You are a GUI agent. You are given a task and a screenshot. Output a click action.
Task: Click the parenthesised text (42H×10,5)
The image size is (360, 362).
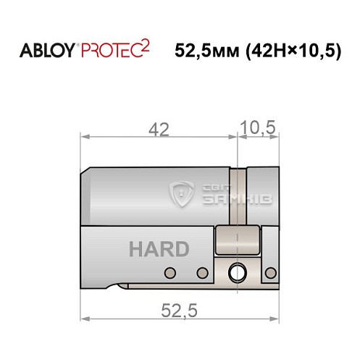point(294,51)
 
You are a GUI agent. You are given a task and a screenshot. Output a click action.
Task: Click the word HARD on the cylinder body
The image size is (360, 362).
point(159,249)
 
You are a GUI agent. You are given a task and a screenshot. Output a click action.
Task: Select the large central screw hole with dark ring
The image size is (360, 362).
point(237,273)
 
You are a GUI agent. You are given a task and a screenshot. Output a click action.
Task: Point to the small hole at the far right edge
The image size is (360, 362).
point(271,273)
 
